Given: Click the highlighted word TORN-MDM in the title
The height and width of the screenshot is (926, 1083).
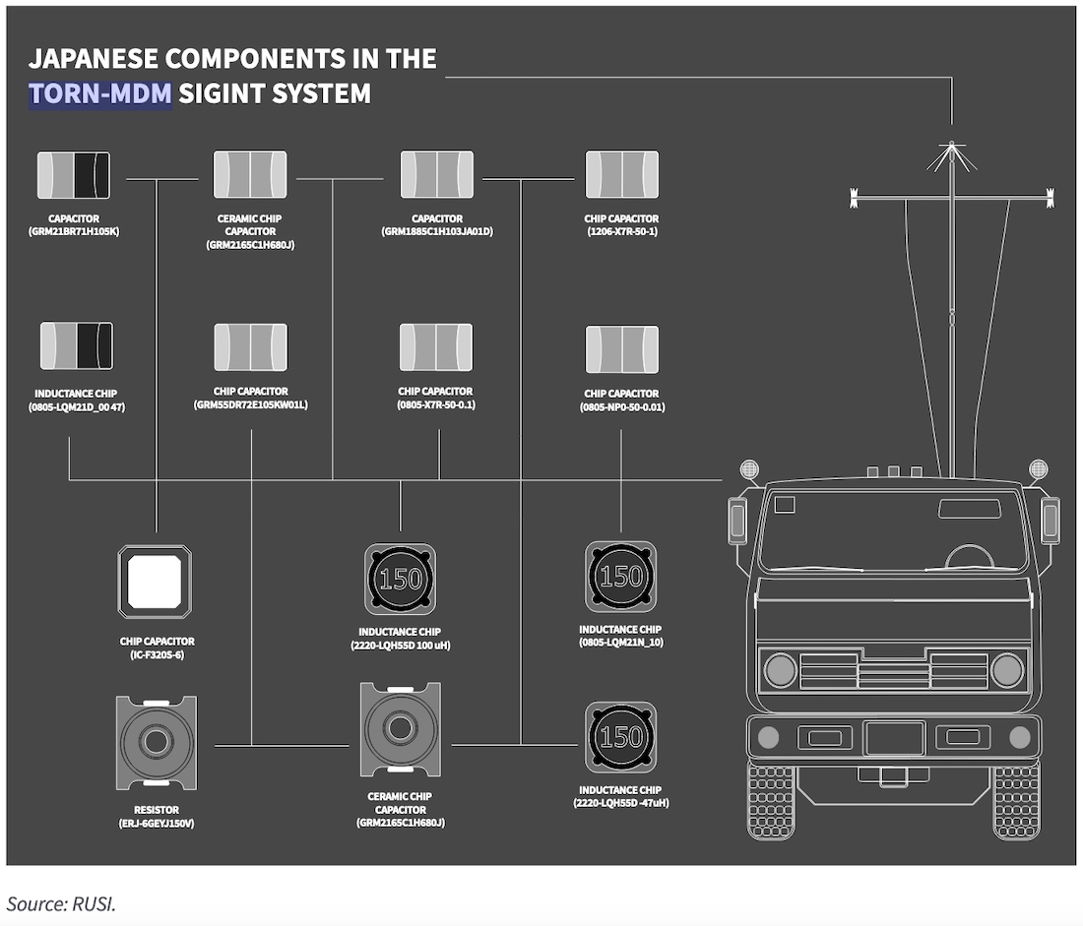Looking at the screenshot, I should point(100,94).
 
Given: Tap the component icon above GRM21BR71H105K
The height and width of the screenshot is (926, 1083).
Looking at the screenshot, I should point(73,175).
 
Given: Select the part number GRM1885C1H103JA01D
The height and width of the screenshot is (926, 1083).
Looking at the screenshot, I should point(436,232).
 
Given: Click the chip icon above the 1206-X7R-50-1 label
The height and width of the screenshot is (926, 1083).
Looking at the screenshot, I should point(621,175).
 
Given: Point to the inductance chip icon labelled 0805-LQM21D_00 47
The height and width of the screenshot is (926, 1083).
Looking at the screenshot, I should point(76,346).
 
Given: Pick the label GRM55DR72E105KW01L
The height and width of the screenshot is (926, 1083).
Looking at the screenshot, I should point(250,404).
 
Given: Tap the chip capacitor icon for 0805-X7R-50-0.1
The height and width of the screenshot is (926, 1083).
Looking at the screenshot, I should point(435,347).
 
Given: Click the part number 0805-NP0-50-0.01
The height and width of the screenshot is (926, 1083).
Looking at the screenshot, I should point(621,407).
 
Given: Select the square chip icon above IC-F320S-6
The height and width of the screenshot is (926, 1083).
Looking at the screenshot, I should point(155,582).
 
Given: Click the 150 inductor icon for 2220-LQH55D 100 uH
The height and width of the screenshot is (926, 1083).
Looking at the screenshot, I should point(400,579).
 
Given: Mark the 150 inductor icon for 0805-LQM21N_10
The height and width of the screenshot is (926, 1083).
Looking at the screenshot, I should point(620,577).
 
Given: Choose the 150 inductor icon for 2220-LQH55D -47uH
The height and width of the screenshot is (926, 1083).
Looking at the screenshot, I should point(620,737).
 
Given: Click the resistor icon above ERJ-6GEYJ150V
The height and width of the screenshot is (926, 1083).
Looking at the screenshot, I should point(156,742).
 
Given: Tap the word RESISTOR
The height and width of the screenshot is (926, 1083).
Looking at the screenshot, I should point(157,809).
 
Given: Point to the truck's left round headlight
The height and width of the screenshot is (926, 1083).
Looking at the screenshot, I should point(781,670).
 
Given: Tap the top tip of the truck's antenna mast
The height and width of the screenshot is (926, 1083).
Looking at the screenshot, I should point(952,145).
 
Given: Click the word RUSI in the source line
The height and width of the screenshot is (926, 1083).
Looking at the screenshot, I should point(96,903).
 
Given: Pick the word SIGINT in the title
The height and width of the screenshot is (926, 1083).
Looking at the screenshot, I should point(222,94).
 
